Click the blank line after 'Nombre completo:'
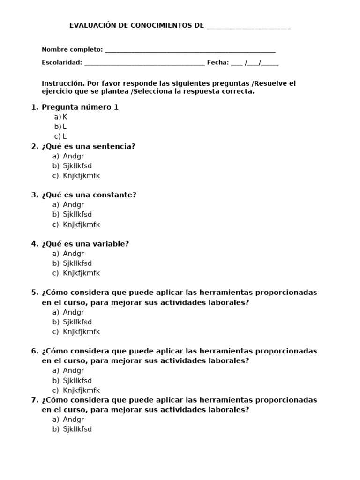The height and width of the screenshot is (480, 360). (190, 50)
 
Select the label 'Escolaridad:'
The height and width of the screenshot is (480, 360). (62, 62)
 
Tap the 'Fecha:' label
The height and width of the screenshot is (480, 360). (218, 62)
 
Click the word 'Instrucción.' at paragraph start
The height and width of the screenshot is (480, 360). (63, 83)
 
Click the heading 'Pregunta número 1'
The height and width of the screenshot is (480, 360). (80, 107)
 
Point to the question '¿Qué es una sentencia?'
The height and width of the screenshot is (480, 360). (88, 146)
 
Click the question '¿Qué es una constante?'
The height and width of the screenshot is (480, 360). (89, 195)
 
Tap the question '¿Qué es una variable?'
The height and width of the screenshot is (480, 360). (85, 244)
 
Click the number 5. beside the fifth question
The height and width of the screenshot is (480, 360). (35, 292)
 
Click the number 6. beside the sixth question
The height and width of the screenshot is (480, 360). (35, 351)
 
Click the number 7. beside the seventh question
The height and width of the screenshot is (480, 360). (35, 400)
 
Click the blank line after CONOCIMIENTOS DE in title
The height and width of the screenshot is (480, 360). (248, 27)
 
